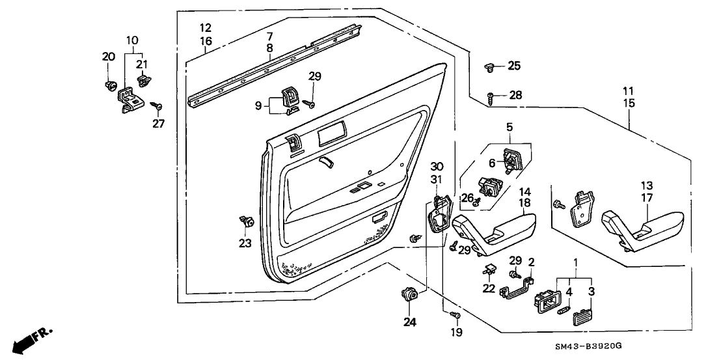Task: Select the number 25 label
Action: pyautogui.click(x=514, y=65)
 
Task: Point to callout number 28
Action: pyautogui.click(x=515, y=96)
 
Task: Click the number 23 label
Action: pyautogui.click(x=245, y=244)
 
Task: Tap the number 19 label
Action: pyautogui.click(x=456, y=332)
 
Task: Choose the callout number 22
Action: pyautogui.click(x=489, y=288)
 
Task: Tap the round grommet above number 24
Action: pyautogui.click(x=410, y=295)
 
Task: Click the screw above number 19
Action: pyautogui.click(x=456, y=316)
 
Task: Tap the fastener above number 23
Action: pyautogui.click(x=246, y=221)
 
